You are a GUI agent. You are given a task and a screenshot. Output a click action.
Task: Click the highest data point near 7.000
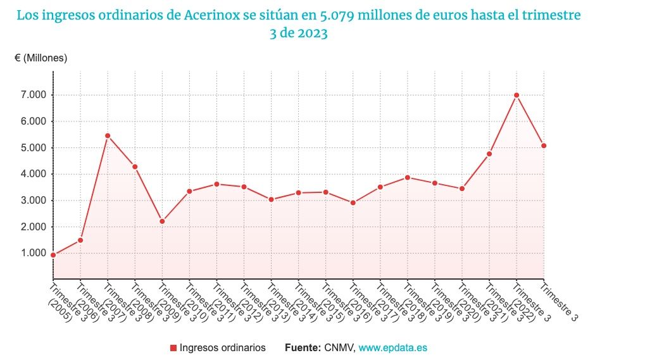[517, 95]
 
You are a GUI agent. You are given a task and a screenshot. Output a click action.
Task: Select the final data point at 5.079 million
[544, 146]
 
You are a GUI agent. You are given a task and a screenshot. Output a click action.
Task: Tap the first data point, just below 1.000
[53, 255]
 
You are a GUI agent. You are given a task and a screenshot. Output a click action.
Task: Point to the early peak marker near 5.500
[108, 135]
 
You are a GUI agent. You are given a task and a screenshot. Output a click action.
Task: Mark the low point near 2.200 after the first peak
[162, 221]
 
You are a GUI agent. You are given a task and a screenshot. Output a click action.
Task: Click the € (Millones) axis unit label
[41, 58]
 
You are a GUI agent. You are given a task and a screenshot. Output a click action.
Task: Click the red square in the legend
[173, 348]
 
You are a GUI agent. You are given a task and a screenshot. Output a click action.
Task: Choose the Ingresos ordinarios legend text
[222, 347]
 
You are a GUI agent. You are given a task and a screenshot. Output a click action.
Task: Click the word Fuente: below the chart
[303, 347]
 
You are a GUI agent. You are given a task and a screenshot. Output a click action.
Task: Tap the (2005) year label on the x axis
[60, 311]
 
